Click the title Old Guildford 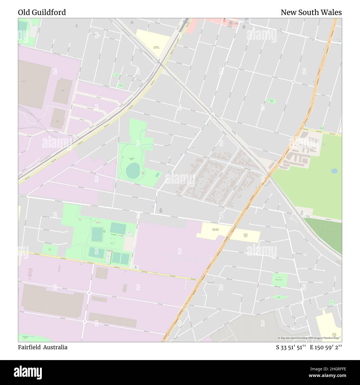pyautogui.click(x=42, y=12)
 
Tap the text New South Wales pyautogui.click(x=311, y=12)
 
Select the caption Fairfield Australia pyautogui.click(x=43, y=347)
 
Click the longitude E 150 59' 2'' pyautogui.click(x=328, y=347)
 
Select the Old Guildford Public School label pyautogui.click(x=215, y=230)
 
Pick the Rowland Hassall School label pyautogui.click(x=245, y=235)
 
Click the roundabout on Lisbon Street pyautogui.click(x=89, y=293)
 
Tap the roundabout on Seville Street pyautogui.click(x=85, y=322)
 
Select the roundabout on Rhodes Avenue pyautogui.click(x=293, y=81)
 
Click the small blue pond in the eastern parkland pyautogui.click(x=334, y=171)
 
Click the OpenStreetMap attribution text pyautogui.click(x=310, y=338)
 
